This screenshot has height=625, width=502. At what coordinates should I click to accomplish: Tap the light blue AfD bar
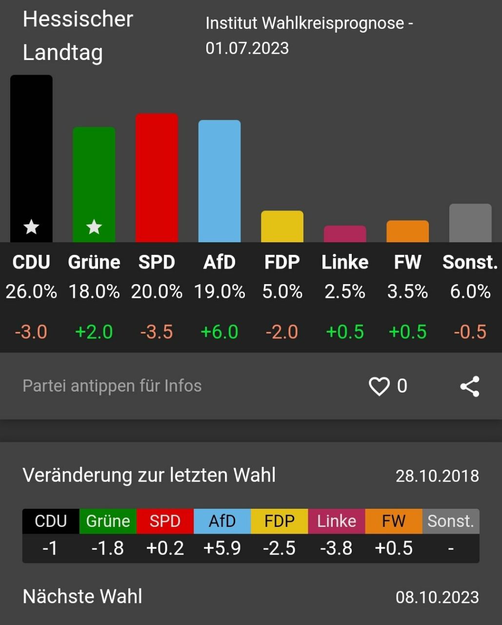[x=220, y=181]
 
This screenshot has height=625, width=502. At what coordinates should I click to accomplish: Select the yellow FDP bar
[x=282, y=227]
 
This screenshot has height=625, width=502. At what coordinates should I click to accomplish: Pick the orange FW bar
[x=407, y=231]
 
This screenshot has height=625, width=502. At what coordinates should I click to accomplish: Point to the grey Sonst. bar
[x=470, y=223]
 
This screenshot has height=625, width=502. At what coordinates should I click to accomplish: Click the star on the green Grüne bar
[x=94, y=227]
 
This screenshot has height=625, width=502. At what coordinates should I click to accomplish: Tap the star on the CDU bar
[x=31, y=227]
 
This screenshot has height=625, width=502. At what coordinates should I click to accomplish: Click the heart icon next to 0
[x=379, y=386]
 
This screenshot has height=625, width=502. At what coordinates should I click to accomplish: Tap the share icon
[x=470, y=386]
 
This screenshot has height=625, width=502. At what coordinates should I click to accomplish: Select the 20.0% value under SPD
[x=157, y=292]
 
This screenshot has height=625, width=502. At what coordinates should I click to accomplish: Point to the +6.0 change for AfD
[x=220, y=332]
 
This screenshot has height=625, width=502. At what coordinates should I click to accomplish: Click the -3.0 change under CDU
[x=31, y=332]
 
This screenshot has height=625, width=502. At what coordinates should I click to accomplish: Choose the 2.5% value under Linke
[x=345, y=292]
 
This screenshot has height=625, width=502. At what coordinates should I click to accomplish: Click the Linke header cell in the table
[x=337, y=521]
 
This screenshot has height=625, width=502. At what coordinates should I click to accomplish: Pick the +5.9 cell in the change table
[x=222, y=548]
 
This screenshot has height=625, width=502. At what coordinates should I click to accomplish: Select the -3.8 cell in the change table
[x=336, y=548]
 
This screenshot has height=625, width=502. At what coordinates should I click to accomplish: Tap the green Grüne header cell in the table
[x=108, y=521]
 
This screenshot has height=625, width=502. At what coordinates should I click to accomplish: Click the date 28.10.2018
[x=437, y=476]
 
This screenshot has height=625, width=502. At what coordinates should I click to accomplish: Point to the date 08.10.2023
[x=437, y=597]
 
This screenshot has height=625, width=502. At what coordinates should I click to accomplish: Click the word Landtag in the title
[x=63, y=53]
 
